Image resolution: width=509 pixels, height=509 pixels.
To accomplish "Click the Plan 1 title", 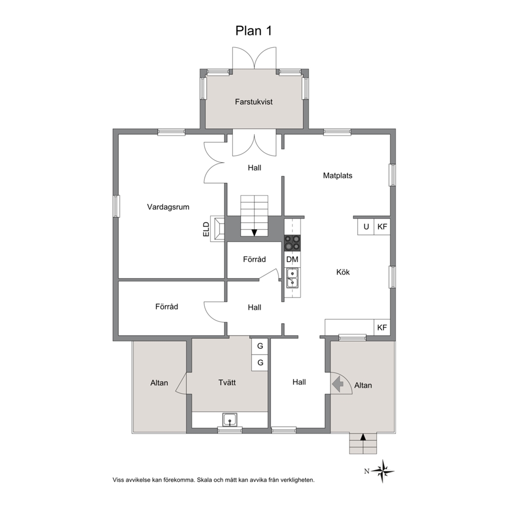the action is pyautogui.click(x=253, y=31).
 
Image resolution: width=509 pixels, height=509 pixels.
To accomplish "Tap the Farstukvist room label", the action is pyautogui.click(x=253, y=102).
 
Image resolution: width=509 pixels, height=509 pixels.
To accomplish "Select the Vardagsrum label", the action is pyautogui.click(x=168, y=207).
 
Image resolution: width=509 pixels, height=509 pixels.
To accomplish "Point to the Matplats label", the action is pyautogui.click(x=338, y=175).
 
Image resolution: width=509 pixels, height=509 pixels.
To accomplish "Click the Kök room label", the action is pyautogui.click(x=343, y=272).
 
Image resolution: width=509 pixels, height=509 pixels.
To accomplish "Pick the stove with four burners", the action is pyautogui.click(x=292, y=243).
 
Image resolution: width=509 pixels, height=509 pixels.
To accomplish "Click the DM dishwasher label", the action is pyautogui.click(x=292, y=259).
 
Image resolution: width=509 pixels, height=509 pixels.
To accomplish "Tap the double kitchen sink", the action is pyautogui.click(x=292, y=278).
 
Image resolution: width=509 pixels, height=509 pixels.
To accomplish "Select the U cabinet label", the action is pyautogui.click(x=366, y=227).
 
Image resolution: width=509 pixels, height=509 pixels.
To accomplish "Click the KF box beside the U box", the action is pyautogui.click(x=382, y=227).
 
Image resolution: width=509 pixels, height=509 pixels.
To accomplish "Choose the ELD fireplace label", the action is pyautogui.click(x=206, y=229).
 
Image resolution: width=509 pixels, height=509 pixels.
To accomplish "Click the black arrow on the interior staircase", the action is pyautogui.click(x=254, y=233).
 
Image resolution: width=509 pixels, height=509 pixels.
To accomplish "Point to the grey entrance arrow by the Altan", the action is pyautogui.click(x=338, y=384).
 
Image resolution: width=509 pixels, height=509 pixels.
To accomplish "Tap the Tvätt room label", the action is pyautogui.click(x=227, y=382).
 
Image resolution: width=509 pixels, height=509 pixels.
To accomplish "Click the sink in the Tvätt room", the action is pyautogui.click(x=230, y=419).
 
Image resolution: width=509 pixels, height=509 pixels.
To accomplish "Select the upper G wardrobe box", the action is pyautogui.click(x=260, y=346).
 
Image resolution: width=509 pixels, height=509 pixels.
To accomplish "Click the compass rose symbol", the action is pyautogui.click(x=383, y=471).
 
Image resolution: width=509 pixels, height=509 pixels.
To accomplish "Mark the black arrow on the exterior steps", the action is pyautogui.click(x=363, y=437).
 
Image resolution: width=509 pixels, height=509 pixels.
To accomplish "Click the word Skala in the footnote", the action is pyautogui.click(x=205, y=480).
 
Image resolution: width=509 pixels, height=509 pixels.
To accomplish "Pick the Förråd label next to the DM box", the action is pyautogui.click(x=254, y=259).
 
